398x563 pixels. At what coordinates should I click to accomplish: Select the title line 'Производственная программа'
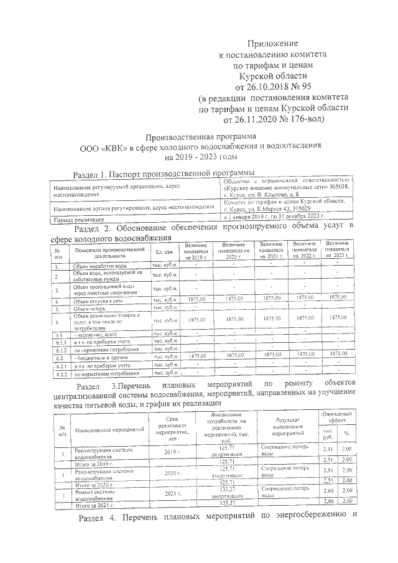point(198,137)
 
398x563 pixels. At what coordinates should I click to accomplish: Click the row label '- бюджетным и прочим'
point(100,359)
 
